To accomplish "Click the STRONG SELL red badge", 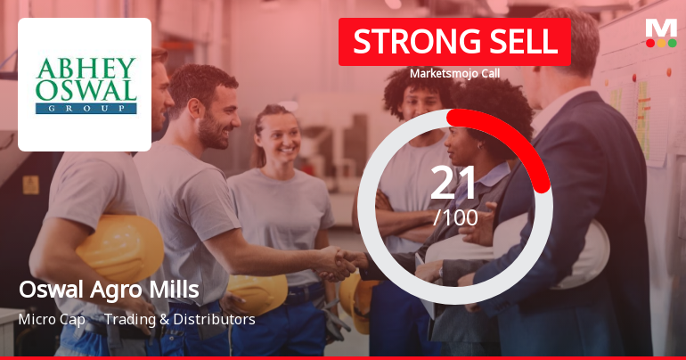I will [x=454, y=42].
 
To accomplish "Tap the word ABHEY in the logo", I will [x=86, y=69].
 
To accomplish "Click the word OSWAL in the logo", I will [x=86, y=90].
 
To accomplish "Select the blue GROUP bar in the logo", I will [x=86, y=108].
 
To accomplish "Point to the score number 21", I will [x=455, y=183].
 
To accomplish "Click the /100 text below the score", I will [x=455, y=217].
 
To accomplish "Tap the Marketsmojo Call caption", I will [x=454, y=73].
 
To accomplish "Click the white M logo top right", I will [x=660, y=28].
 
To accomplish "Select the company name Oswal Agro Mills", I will [x=108, y=290].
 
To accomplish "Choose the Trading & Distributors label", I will [x=179, y=319].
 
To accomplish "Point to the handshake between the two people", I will [x=337, y=262].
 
